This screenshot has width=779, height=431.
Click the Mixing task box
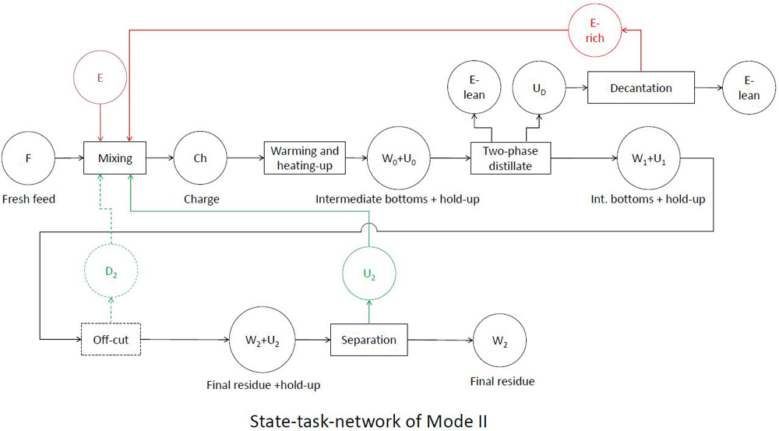pyautogui.click(x=115, y=158)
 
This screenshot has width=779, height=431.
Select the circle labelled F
pyautogui.click(x=29, y=158)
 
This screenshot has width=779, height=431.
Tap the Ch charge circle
pyautogui.click(x=200, y=158)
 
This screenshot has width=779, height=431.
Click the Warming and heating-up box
pyautogui.click(x=305, y=158)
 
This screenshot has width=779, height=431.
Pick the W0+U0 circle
pyautogui.click(x=393, y=158)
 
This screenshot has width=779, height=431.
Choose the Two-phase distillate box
pyautogui.click(x=511, y=158)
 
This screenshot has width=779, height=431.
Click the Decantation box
pyautogui.click(x=640, y=88)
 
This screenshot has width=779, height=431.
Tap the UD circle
pyautogui.click(x=538, y=88)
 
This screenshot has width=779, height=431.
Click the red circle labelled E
pyautogui.click(x=99, y=77)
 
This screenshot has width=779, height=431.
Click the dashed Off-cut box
pyautogui.click(x=111, y=340)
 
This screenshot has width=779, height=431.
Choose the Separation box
pyautogui.click(x=370, y=340)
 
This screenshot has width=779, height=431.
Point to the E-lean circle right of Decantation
pyautogui.click(x=749, y=88)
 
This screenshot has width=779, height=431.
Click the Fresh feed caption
pyautogui.click(x=29, y=199)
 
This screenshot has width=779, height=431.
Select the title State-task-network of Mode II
pyautogui.click(x=368, y=421)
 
